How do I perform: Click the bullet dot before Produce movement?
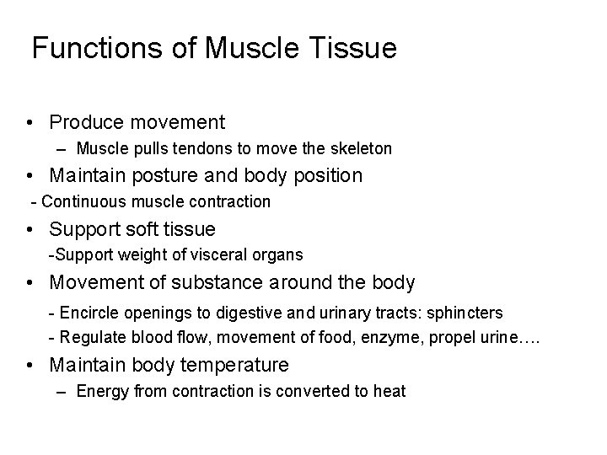click(x=30, y=123)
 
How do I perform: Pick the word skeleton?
click(x=361, y=149)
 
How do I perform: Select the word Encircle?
click(x=89, y=313)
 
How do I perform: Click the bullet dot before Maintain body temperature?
click(x=30, y=365)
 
